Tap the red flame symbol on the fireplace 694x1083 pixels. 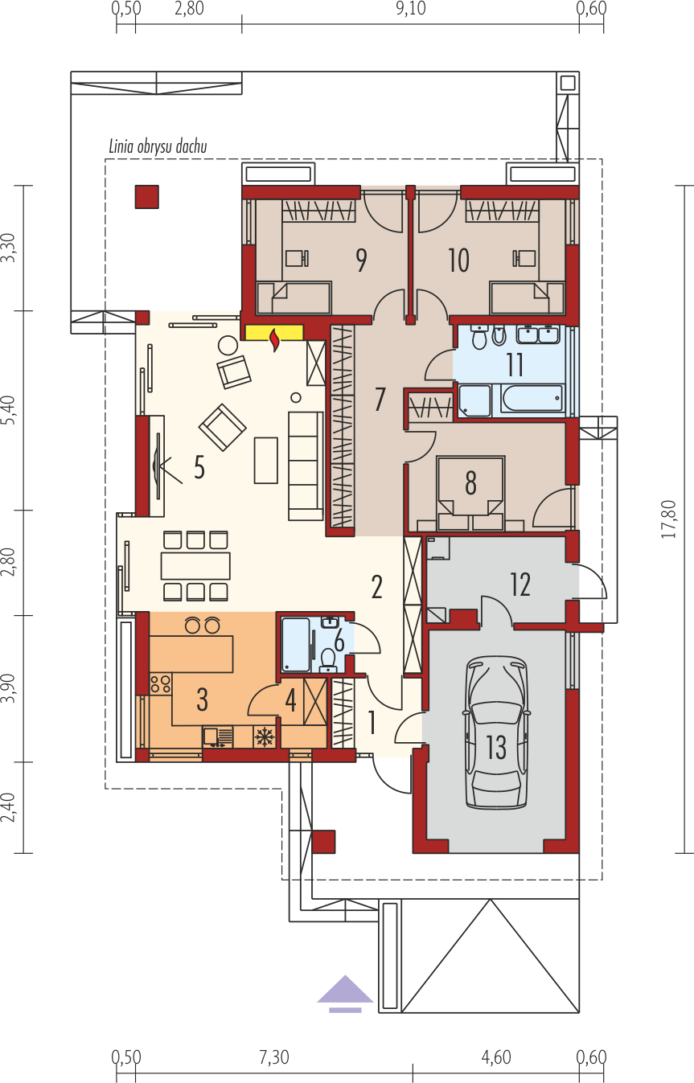point(275,339)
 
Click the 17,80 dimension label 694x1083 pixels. point(668,519)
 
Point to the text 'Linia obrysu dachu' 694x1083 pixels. point(158,146)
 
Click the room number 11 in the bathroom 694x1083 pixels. point(515,365)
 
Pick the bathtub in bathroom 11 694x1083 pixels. point(532,400)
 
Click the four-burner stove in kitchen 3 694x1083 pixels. point(161,683)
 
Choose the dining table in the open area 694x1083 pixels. point(195,566)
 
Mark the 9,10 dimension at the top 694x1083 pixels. point(411,9)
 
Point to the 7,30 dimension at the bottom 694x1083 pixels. point(273,1057)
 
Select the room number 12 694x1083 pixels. point(519,584)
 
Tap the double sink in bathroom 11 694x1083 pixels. point(538,334)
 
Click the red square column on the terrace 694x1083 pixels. point(146,197)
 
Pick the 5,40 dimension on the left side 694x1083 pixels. point(9,410)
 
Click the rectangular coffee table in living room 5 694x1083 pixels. point(266,460)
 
